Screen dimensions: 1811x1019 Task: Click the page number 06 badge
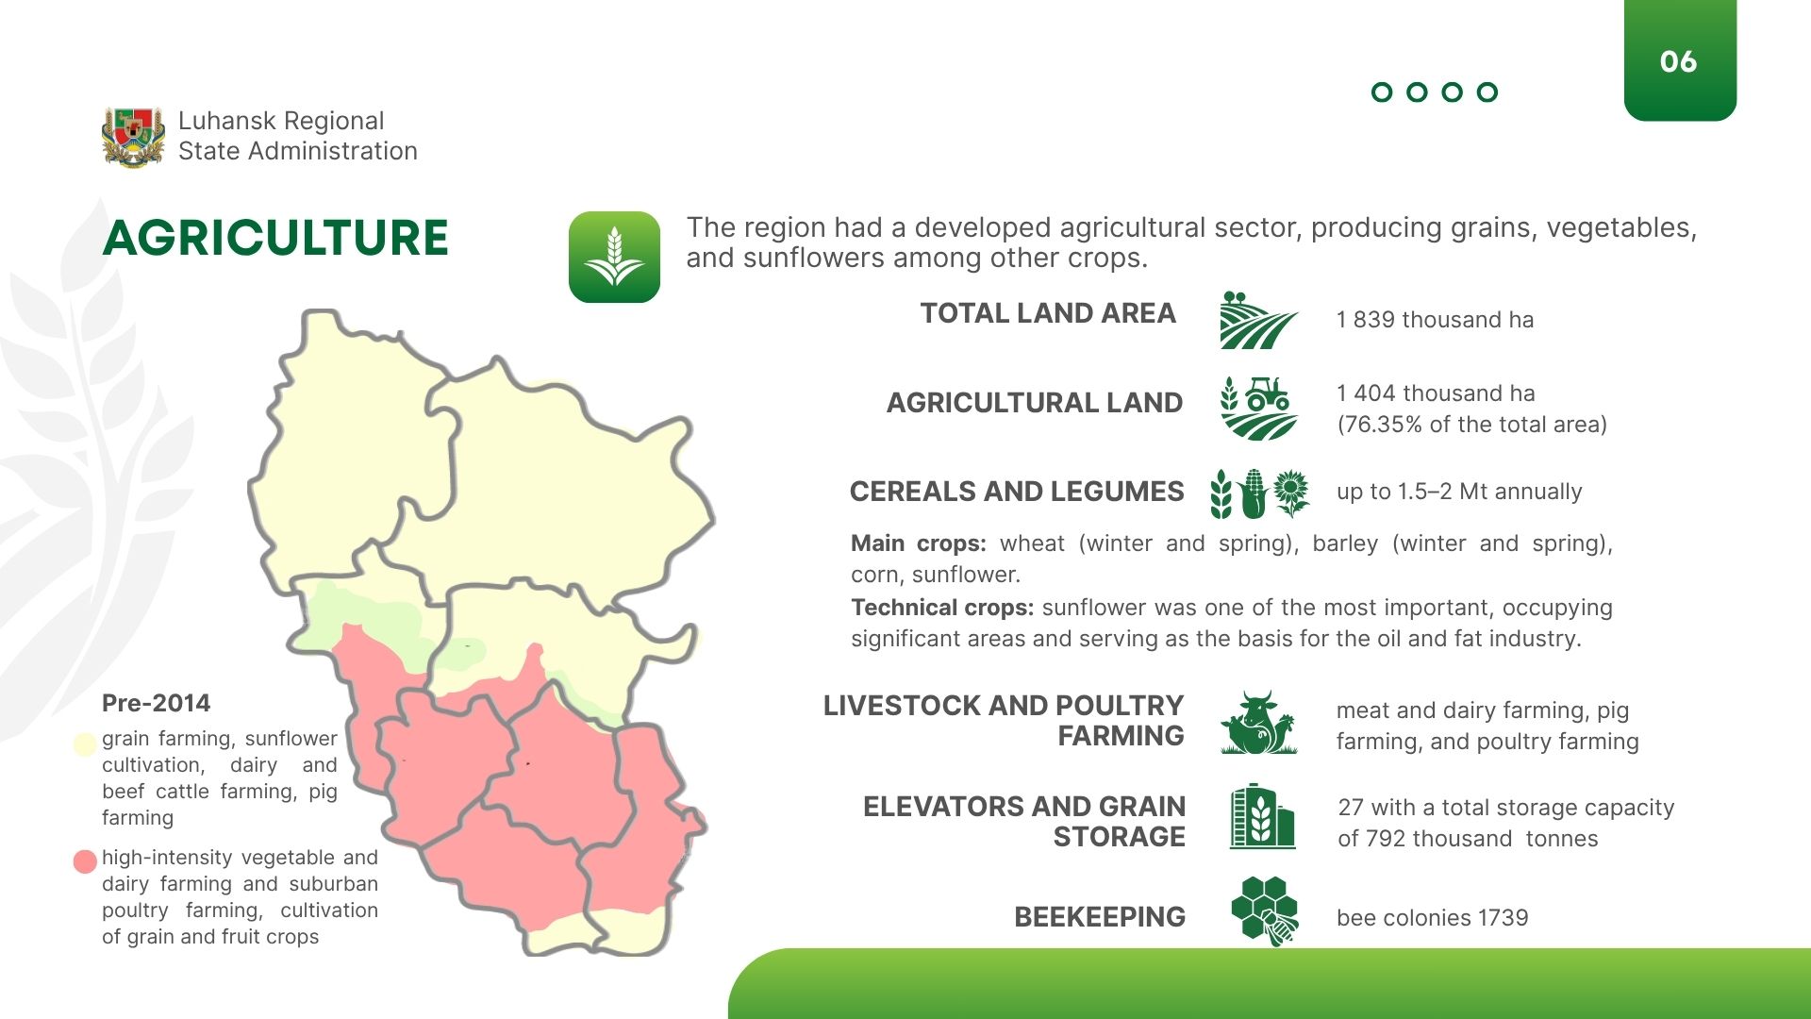coord(1680,60)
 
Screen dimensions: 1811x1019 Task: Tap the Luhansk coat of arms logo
coord(133,137)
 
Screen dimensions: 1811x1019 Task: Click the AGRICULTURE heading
coord(275,237)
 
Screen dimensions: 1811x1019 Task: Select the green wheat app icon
coord(614,257)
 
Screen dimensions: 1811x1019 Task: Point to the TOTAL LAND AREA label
coord(1048,313)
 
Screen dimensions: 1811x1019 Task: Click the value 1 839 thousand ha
coord(1435,320)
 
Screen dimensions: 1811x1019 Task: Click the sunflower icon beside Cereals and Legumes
coord(1291,493)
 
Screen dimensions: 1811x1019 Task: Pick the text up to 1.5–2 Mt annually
coord(1459,492)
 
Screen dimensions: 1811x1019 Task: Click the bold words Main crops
coord(918,543)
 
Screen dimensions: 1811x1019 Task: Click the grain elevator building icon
coord(1262,816)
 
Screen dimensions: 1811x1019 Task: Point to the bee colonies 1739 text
coord(1432,918)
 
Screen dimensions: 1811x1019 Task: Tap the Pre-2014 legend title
coord(157,703)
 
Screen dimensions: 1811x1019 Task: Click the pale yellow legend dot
coord(85,744)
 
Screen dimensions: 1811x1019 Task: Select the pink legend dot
coord(85,861)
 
